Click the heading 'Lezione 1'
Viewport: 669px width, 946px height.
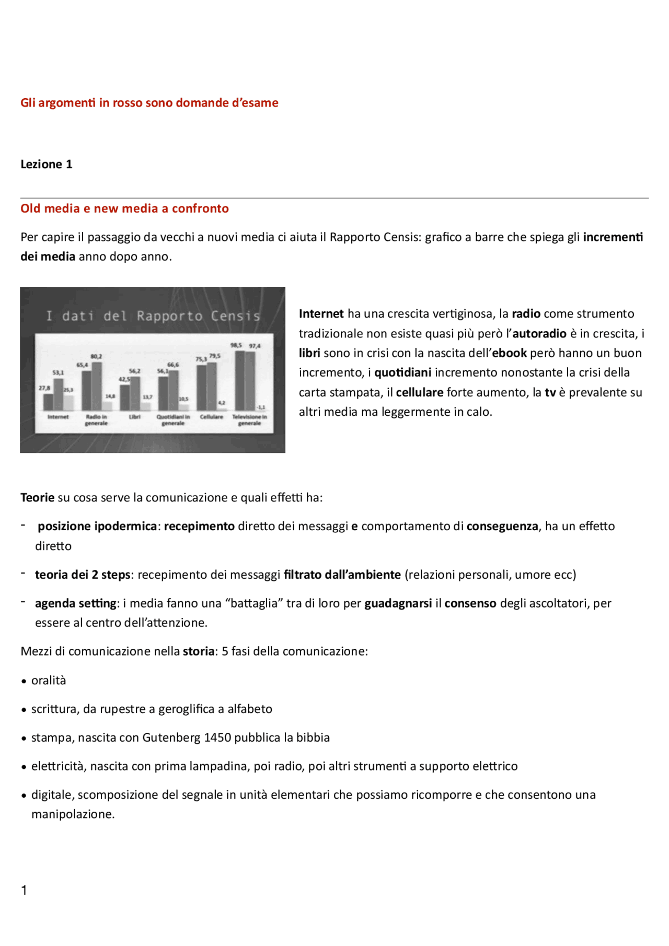coord(46,165)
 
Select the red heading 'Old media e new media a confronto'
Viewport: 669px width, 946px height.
coord(124,208)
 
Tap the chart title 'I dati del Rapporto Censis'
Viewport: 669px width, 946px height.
coord(153,316)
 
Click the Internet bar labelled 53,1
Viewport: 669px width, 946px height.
coord(59,394)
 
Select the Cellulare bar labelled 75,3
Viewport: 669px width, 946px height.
coord(202,387)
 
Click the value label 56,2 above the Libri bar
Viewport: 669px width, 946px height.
coord(135,371)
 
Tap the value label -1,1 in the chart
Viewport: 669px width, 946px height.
coord(261,407)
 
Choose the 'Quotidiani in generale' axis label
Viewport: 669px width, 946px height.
coord(173,420)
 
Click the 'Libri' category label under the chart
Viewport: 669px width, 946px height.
coord(135,417)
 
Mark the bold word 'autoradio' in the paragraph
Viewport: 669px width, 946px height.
coord(539,334)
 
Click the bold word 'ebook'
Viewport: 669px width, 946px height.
coord(510,353)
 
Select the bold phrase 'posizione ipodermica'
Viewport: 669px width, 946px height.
coord(97,527)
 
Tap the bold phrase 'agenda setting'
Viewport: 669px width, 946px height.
coord(76,603)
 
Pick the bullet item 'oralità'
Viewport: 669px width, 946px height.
coord(49,681)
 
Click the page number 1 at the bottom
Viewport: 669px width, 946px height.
coord(24,890)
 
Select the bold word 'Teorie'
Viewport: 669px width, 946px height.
coord(37,498)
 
